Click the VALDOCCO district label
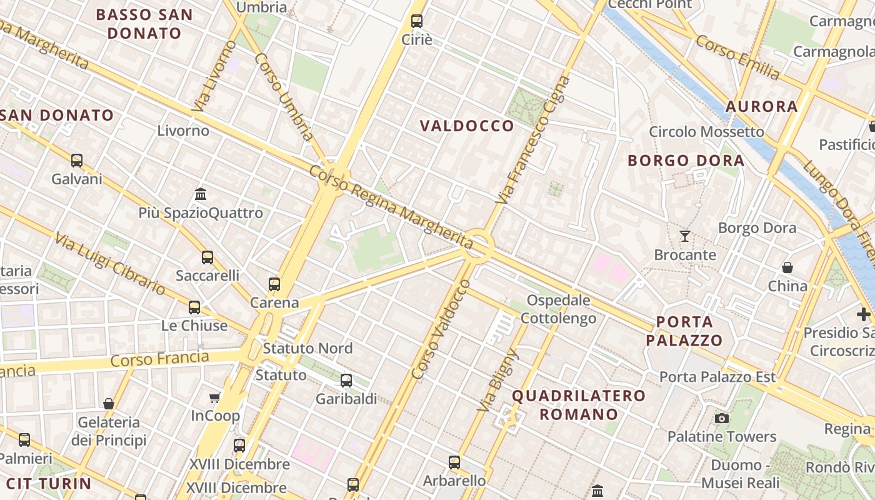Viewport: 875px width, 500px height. (467, 126)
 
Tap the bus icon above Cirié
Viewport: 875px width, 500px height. (417, 21)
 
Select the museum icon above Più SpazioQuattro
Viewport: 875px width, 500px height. (201, 194)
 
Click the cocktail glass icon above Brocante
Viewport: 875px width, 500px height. (685, 236)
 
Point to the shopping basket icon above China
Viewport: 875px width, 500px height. (787, 267)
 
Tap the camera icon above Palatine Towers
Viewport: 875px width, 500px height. (722, 418)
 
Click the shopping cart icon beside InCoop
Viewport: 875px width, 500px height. (215, 397)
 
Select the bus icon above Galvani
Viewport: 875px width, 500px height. (77, 160)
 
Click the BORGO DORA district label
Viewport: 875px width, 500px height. (686, 161)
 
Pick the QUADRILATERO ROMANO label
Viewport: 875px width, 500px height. (579, 404)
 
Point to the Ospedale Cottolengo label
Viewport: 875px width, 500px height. (558, 309)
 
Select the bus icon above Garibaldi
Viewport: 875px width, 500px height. (346, 380)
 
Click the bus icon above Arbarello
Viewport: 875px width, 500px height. (454, 462)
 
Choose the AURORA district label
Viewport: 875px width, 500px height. (761, 106)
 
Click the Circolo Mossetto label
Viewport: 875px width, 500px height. (706, 132)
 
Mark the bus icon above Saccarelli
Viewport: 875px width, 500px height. (207, 257)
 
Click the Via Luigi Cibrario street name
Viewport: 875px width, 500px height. (110, 264)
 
